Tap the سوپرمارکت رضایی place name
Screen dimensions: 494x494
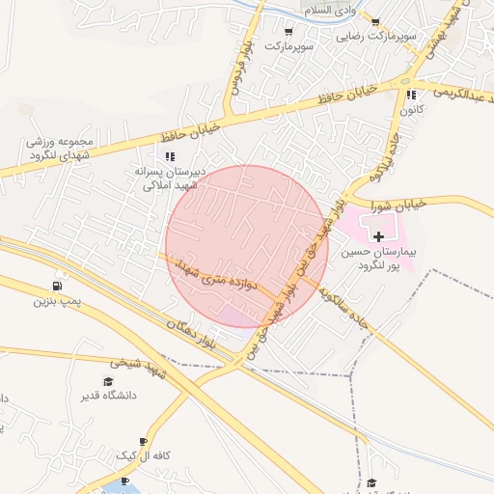coord(377,36)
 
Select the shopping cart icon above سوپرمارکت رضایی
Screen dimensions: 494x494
coord(375,22)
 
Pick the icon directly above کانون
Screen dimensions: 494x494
coord(412,96)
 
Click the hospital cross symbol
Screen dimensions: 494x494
coord(379,235)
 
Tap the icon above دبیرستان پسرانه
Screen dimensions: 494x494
coord(170,156)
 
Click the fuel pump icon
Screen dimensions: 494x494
coord(59,287)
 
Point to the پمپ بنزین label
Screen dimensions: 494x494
coord(55,302)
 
